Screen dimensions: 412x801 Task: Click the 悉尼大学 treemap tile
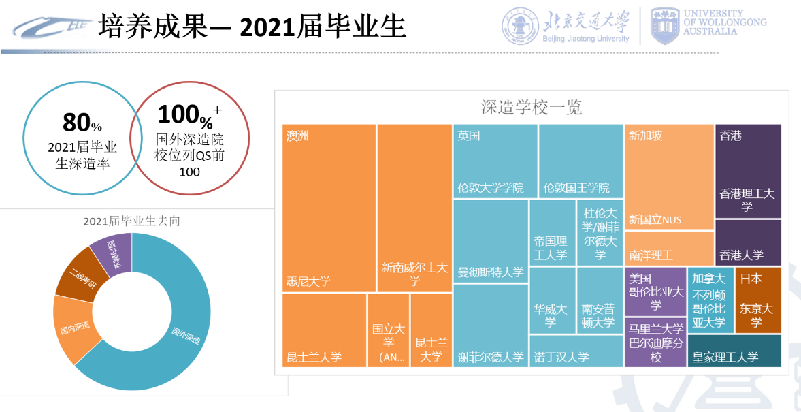(329, 208)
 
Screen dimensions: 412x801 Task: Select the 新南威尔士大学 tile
(414, 208)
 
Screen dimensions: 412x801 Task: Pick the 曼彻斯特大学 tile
(490, 241)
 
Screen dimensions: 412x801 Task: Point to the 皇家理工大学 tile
(734, 356)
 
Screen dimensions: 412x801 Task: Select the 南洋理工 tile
(668, 249)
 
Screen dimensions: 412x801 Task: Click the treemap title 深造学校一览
(531, 108)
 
